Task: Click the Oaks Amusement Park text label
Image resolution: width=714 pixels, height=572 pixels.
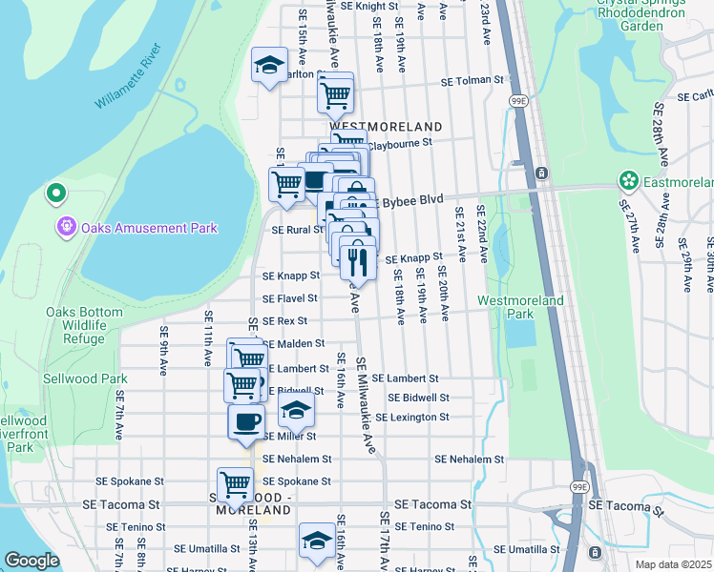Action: tap(149, 228)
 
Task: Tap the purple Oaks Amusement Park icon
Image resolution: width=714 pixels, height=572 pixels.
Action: tap(66, 228)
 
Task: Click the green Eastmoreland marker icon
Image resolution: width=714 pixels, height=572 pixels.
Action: tap(628, 179)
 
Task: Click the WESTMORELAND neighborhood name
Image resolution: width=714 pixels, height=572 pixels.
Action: tap(386, 127)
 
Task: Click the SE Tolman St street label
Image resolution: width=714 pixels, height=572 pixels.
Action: tap(472, 82)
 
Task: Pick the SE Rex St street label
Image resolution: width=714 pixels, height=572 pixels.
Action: tap(285, 321)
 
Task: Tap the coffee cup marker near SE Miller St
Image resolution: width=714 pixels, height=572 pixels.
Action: tap(245, 421)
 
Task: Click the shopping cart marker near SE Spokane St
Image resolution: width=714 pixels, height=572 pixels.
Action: tap(234, 482)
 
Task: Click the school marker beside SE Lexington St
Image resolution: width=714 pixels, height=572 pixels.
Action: tap(296, 411)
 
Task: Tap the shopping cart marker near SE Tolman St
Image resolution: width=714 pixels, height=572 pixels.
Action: tap(334, 92)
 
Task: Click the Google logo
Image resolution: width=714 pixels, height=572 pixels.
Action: tap(31, 561)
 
